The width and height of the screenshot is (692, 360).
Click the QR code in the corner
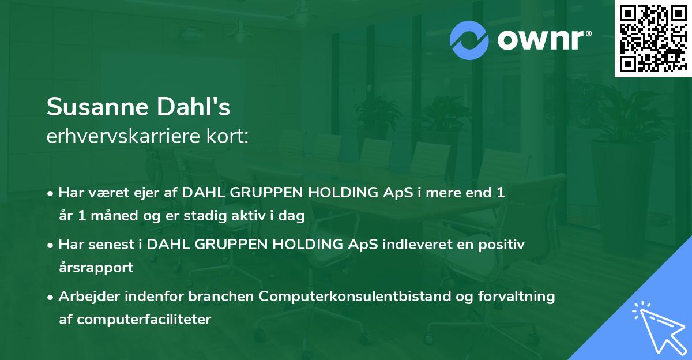click(x=653, y=39)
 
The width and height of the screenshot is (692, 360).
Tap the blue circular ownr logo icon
click(x=469, y=40)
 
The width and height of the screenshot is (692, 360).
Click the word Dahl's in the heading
click(x=193, y=106)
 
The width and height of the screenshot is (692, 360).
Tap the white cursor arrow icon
click(x=660, y=328)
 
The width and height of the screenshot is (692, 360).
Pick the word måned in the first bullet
click(x=114, y=215)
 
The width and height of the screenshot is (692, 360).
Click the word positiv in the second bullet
click(x=501, y=245)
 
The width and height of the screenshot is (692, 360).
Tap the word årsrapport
click(x=96, y=268)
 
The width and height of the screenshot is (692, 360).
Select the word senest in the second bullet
click(x=111, y=245)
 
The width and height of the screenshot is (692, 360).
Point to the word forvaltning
click(x=517, y=297)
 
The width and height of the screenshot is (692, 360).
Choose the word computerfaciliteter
click(x=144, y=320)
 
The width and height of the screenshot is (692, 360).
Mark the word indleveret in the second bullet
click(x=417, y=245)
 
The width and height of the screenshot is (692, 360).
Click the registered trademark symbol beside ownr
click(x=588, y=33)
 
